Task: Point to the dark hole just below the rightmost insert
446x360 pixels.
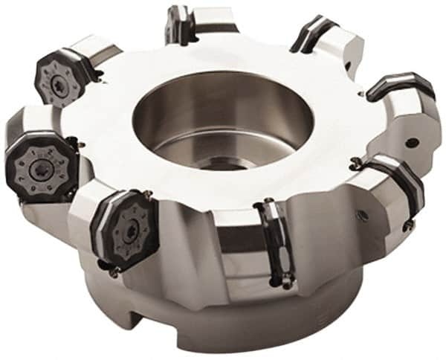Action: (x=411, y=141)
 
